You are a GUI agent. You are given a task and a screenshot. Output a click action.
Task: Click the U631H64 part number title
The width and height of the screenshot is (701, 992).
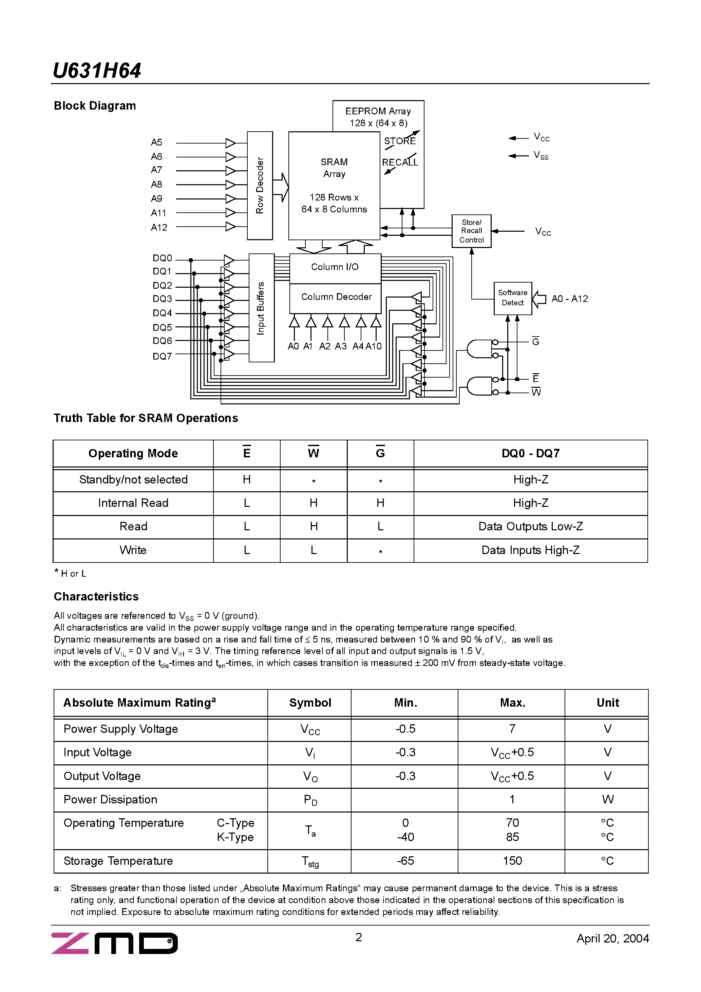coord(96,71)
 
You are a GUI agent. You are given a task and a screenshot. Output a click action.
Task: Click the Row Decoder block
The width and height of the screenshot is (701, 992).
coord(260,185)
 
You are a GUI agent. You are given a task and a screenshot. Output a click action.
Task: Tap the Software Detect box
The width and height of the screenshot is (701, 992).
coord(513,298)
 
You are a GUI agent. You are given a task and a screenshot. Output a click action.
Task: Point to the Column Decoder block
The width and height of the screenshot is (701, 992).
coord(336,297)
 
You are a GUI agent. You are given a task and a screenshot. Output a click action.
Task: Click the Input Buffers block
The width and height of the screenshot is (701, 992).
coord(261,308)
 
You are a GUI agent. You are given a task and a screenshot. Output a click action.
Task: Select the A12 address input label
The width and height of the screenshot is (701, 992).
coord(158,228)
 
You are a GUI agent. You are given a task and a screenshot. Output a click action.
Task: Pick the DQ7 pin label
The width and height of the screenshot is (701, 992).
coord(162,357)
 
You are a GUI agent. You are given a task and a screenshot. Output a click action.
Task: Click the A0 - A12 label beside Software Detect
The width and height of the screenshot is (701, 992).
coord(570,299)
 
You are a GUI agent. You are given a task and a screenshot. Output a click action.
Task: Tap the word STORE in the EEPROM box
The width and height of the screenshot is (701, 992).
coord(400,141)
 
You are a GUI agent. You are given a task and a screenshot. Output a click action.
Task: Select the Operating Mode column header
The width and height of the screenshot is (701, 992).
coord(133,454)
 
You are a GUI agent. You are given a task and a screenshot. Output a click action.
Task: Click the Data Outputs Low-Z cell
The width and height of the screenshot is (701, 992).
coord(530,527)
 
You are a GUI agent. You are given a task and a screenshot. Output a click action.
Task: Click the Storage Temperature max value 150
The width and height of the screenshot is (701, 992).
coord(512,861)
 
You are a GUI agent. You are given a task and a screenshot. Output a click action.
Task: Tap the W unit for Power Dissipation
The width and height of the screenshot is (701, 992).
coord(607,800)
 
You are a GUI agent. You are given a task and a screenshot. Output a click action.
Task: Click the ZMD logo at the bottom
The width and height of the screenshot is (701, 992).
coord(115,943)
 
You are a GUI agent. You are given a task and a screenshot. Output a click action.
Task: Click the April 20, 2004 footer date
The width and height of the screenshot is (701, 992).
coord(612,938)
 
